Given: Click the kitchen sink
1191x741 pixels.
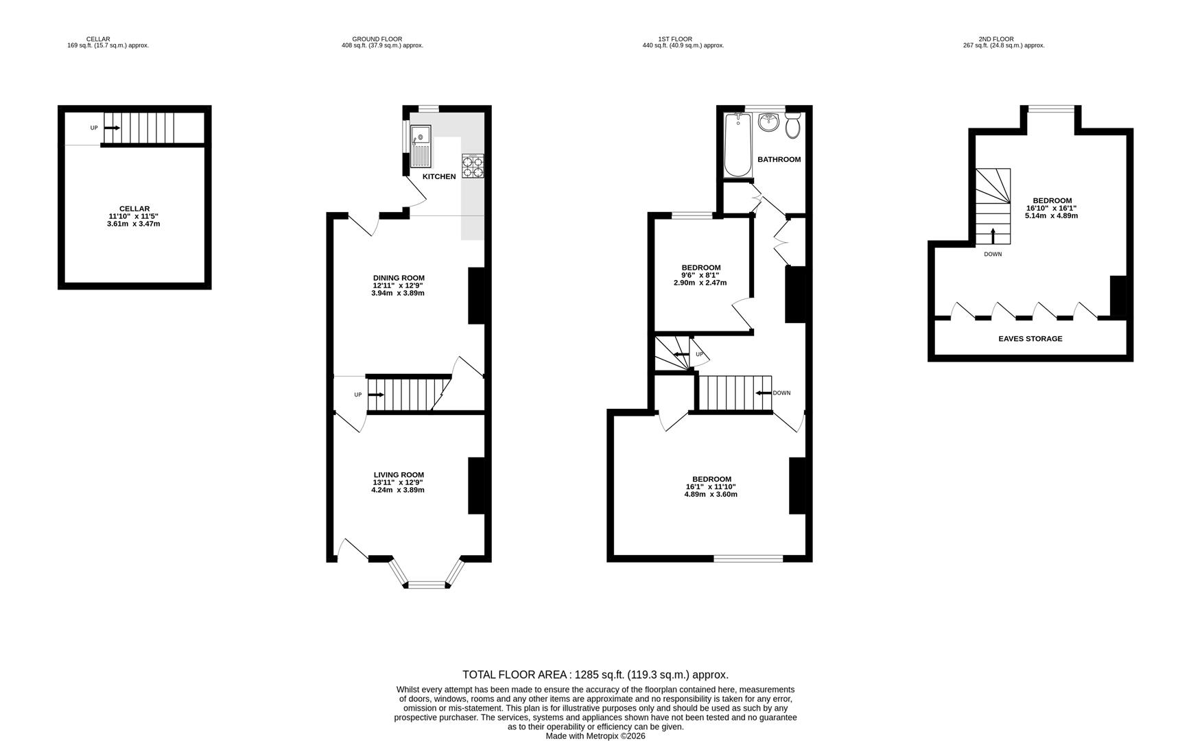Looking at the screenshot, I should point(421,147).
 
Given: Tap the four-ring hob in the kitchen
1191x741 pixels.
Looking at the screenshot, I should point(473,167).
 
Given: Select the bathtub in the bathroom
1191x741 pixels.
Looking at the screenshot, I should point(738,145).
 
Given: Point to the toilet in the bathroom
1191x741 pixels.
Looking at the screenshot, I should point(793,126).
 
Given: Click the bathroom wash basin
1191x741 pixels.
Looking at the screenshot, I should point(768,123).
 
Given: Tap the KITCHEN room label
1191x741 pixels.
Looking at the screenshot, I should point(439,177).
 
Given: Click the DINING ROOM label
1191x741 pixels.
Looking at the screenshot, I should point(399,278).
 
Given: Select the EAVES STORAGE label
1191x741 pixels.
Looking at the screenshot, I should point(1030,339).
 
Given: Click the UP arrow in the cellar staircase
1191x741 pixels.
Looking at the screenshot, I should point(112,128).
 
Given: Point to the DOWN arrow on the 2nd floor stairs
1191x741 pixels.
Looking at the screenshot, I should point(993,235).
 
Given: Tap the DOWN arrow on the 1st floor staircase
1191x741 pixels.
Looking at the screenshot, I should point(764,393).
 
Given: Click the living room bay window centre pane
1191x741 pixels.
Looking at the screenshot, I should point(427,585).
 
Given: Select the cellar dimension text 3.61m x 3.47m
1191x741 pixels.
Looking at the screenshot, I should point(134,224).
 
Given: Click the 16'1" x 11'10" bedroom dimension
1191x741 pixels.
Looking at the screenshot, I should point(711,486).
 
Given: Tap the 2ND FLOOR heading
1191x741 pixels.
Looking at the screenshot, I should point(996,39).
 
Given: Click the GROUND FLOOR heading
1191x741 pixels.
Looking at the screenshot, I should point(377,39).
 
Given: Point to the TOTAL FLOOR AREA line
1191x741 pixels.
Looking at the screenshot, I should point(595,674).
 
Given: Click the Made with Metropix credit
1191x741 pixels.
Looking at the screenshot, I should point(595,736).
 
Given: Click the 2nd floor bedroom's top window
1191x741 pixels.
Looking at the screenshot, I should point(1050,108).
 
